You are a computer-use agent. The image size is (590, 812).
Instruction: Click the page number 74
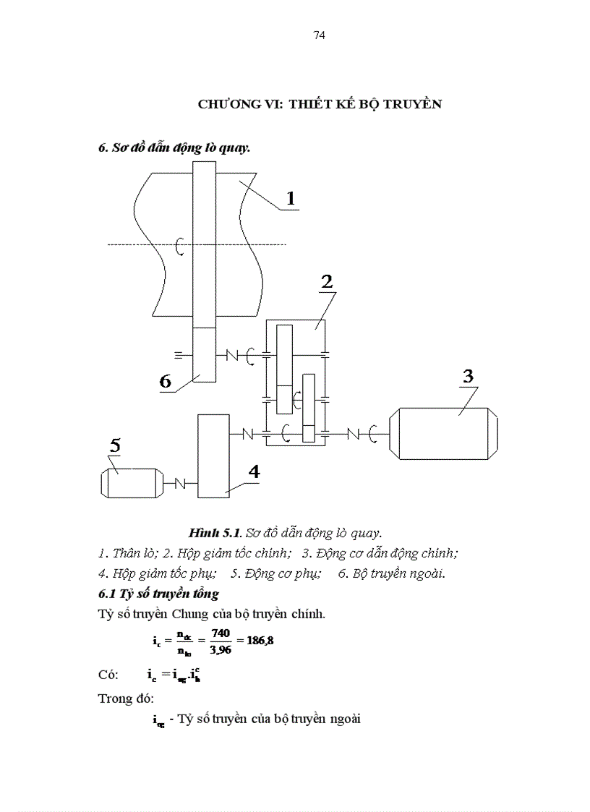tap(320, 35)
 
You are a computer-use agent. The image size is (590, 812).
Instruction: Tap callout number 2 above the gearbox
tap(327, 282)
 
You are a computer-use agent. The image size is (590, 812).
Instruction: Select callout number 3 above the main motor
tap(468, 377)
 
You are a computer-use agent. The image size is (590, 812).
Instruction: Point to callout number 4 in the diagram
tap(254, 471)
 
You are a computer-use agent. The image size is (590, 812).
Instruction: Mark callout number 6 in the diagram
tap(166, 382)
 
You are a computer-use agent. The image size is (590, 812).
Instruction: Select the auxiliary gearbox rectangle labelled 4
tap(213, 456)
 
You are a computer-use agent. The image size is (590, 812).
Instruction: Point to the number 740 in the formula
tap(220, 633)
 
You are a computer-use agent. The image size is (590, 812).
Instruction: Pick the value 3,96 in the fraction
tap(220, 648)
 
